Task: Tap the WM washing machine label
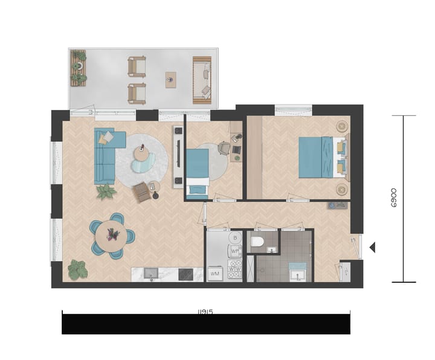(214, 274)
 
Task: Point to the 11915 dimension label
(206, 312)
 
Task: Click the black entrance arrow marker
(372, 246)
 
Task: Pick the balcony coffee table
(171, 80)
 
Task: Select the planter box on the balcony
(79, 68)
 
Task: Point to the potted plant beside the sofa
(106, 192)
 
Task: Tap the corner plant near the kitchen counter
(77, 269)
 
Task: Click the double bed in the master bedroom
(323, 157)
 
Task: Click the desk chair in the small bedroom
(223, 147)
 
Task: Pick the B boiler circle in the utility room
(235, 237)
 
